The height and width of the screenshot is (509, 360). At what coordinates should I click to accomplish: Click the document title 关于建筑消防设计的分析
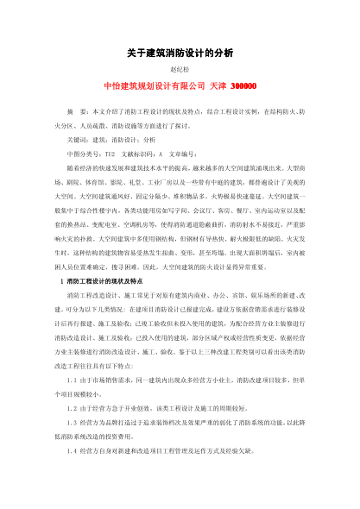point(179,52)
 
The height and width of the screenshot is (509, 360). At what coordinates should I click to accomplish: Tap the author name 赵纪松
point(179,70)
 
